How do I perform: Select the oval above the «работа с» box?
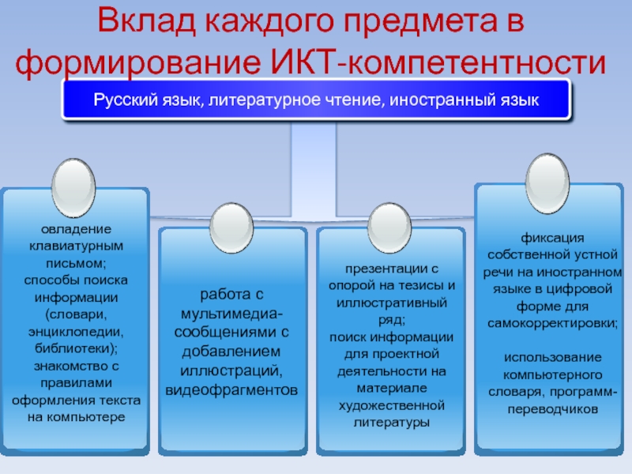[x=233, y=225]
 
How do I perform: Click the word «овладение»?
[x=73, y=229]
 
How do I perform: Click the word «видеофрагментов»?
[x=231, y=389]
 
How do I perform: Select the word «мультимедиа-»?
[x=231, y=314]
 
